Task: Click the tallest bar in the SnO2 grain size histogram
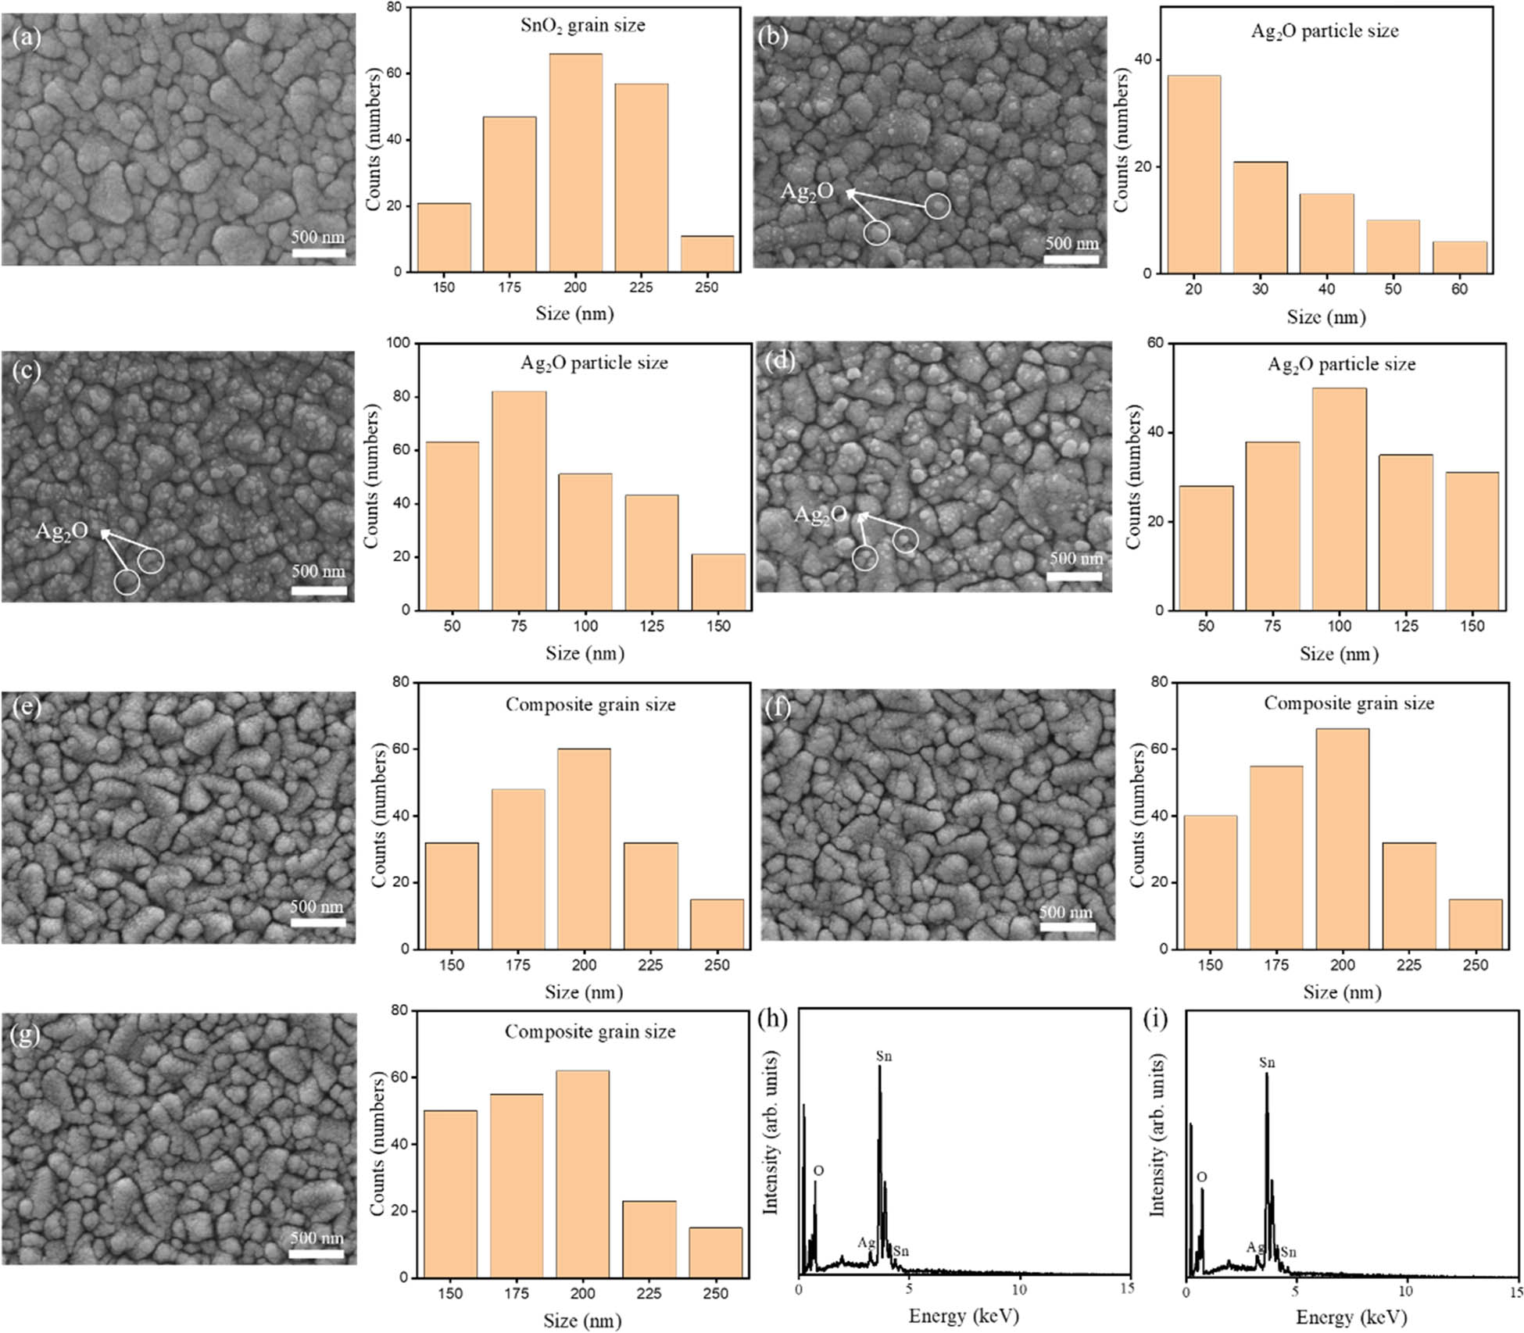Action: click(x=575, y=163)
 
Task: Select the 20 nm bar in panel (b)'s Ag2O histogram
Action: click(x=1193, y=174)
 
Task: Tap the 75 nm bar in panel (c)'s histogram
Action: click(x=518, y=500)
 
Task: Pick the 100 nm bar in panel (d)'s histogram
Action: click(x=1339, y=499)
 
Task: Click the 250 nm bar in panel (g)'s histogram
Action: click(x=715, y=1253)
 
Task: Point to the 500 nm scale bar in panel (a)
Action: click(x=318, y=252)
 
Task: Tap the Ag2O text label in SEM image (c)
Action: click(x=62, y=531)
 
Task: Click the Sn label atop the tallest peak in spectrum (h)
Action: click(x=883, y=1056)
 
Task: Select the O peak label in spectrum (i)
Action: click(x=1201, y=1177)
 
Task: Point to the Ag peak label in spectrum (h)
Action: click(x=866, y=1242)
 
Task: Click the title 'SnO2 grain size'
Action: click(x=583, y=26)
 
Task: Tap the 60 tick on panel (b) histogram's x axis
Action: click(x=1459, y=289)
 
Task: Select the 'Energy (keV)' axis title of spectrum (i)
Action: click(x=1351, y=1317)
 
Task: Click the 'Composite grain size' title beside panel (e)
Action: click(x=590, y=705)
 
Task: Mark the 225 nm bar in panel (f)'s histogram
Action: click(x=1409, y=895)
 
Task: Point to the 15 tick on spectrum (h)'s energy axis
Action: click(x=1126, y=1288)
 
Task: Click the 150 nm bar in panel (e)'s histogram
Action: click(x=452, y=895)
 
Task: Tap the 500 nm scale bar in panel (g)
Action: click(x=316, y=1253)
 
